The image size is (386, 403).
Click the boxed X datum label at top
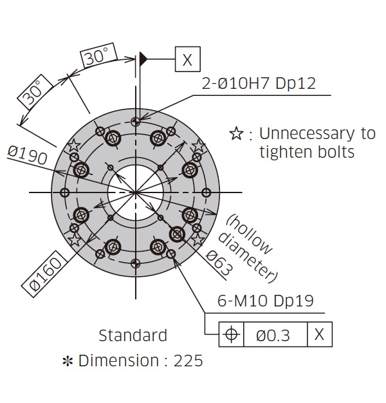[187, 59]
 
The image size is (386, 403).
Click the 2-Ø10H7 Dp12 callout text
[259, 83]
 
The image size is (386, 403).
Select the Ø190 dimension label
[27, 155]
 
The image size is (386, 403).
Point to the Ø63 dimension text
[219, 263]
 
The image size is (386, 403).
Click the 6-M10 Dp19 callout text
[266, 300]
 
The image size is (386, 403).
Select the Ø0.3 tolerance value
[273, 335]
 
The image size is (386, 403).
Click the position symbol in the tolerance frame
[231, 334]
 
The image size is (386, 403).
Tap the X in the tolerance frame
[319, 334]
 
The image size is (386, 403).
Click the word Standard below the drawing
[133, 335]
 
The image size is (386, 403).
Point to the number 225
[188, 361]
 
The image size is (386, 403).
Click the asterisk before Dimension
[68, 361]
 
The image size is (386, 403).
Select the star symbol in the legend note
[236, 133]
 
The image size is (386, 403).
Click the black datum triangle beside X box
[144, 59]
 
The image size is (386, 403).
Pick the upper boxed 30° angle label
[98, 55]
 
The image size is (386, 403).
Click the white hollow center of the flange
[135, 192]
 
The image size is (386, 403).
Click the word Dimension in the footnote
[118, 361]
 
